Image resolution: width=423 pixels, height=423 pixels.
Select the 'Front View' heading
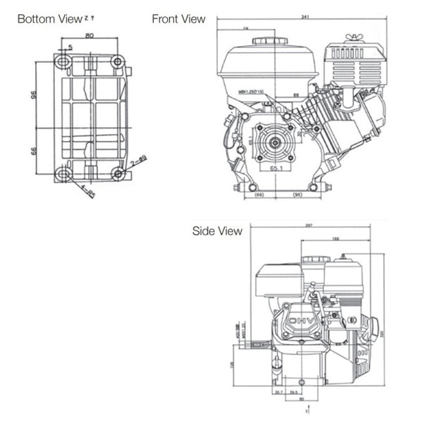tap(179, 19)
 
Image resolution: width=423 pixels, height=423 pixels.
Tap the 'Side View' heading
tap(217, 231)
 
